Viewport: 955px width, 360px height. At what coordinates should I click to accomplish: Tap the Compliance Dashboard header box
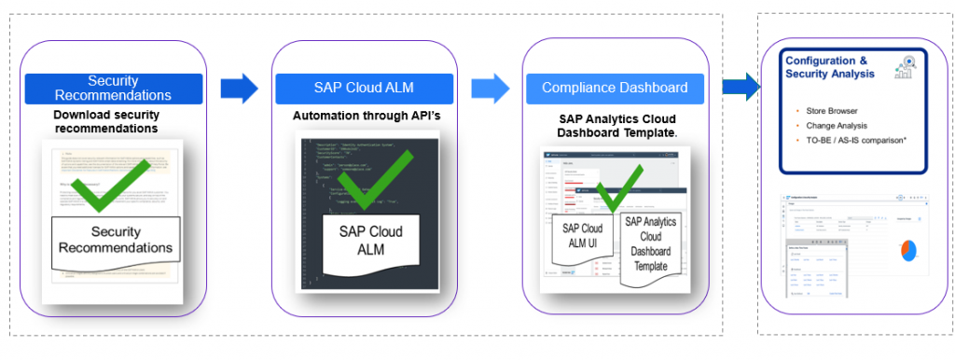coord(615,88)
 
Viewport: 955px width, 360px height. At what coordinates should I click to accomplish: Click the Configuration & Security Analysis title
coord(829,67)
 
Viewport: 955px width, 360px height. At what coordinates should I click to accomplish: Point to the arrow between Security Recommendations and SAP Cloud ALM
coord(239,89)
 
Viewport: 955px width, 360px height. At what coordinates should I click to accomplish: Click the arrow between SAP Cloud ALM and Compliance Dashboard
coord(490,89)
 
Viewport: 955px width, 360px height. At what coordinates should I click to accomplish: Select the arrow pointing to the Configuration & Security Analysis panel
coord(740,88)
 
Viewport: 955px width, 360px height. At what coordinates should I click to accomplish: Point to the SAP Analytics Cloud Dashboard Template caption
coord(616,126)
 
